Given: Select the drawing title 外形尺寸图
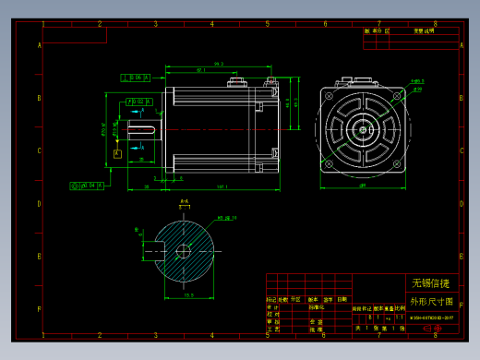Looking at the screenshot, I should [431, 301].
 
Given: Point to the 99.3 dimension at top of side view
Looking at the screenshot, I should [219, 64].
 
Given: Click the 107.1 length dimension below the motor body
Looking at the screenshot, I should [222, 188].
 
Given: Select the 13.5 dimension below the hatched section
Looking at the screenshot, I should [189, 295].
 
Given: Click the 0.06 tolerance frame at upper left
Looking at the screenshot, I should [136, 78].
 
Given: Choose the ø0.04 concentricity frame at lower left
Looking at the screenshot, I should [86, 186].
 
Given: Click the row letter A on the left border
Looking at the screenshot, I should [39, 45].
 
